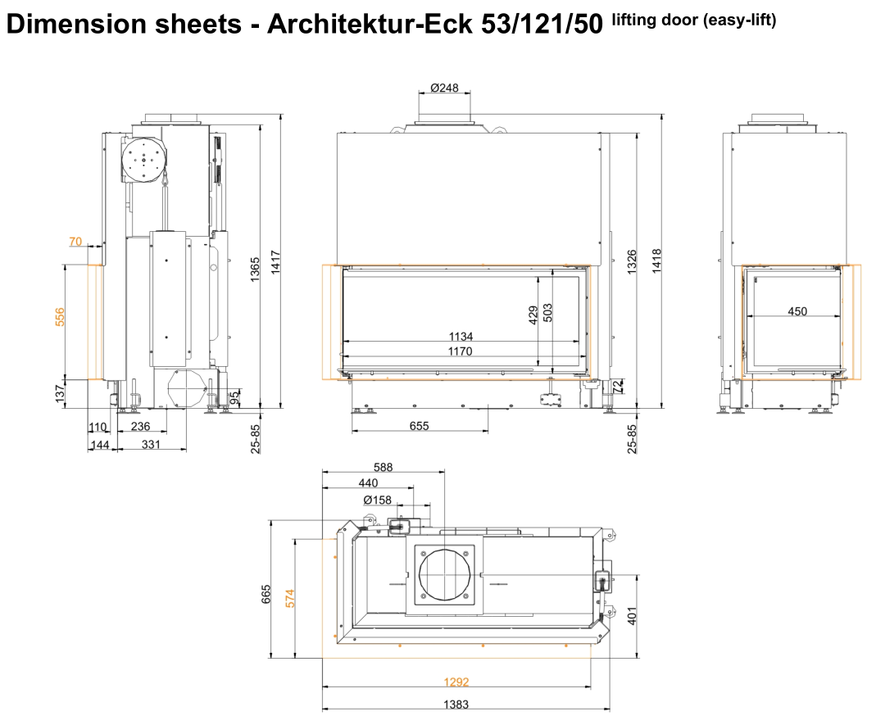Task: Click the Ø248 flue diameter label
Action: coord(444,88)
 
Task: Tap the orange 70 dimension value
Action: coord(75,242)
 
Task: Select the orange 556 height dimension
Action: coord(60,317)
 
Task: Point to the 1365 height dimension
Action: coord(255,270)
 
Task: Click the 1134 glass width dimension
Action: coord(461,336)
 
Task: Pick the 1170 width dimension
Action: coord(460,351)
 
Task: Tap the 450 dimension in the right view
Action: coord(797,311)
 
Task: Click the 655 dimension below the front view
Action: coord(419,426)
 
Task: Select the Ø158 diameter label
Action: coord(377,500)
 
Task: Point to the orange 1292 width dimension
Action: coord(456,682)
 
